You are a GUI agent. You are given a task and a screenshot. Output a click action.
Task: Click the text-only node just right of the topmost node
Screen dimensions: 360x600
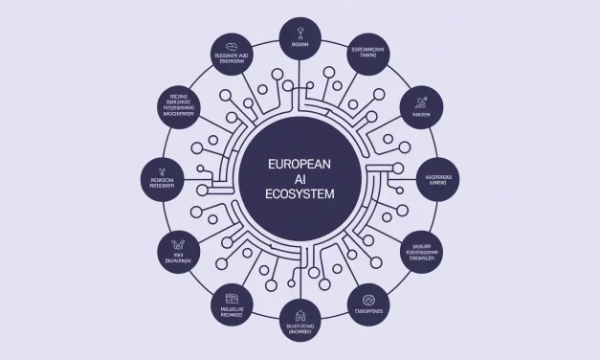tap(367, 51)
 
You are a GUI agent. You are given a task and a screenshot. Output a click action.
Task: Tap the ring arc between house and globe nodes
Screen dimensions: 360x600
tap(337, 310)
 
